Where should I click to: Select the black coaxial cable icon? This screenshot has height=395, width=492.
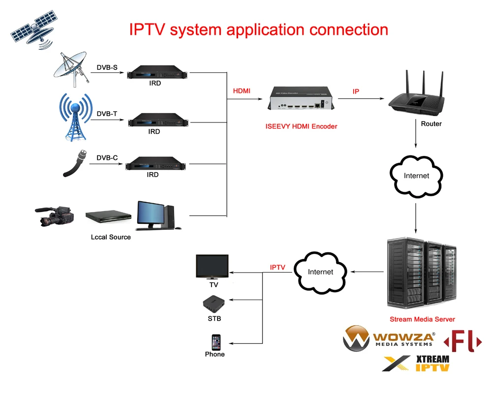click(x=75, y=163)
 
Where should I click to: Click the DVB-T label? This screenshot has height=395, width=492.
click(x=107, y=114)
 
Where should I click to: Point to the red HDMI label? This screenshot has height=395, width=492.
click(x=242, y=91)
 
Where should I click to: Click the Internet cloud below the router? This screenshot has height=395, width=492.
click(x=416, y=176)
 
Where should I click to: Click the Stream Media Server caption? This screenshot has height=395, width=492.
click(x=422, y=319)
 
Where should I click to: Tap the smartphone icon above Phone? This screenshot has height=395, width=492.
click(x=216, y=342)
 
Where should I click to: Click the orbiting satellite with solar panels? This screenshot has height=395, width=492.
click(x=32, y=30)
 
